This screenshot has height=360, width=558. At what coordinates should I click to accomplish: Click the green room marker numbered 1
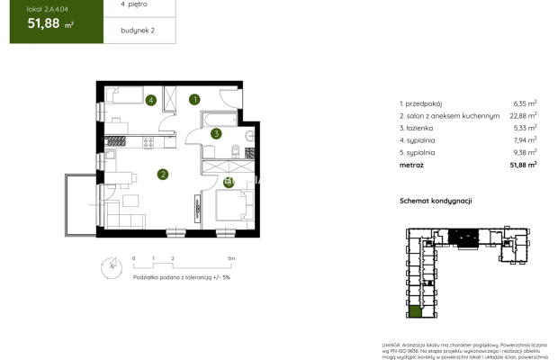click(x=194, y=99)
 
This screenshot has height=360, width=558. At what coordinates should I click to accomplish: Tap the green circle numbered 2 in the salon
click(x=163, y=175)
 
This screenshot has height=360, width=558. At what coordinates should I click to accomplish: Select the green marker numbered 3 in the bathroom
click(x=216, y=134)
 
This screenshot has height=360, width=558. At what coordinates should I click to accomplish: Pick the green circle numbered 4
click(x=151, y=100)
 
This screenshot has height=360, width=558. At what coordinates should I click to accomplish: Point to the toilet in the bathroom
click(x=233, y=149)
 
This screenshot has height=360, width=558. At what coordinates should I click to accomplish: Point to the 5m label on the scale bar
click(x=231, y=258)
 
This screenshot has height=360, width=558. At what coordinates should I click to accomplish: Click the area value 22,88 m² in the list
click(x=525, y=115)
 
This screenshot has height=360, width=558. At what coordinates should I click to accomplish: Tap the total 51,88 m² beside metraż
click(x=523, y=165)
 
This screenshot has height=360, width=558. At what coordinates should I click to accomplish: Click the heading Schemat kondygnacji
click(x=436, y=202)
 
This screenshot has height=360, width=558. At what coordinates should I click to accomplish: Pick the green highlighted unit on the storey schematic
click(x=415, y=313)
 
